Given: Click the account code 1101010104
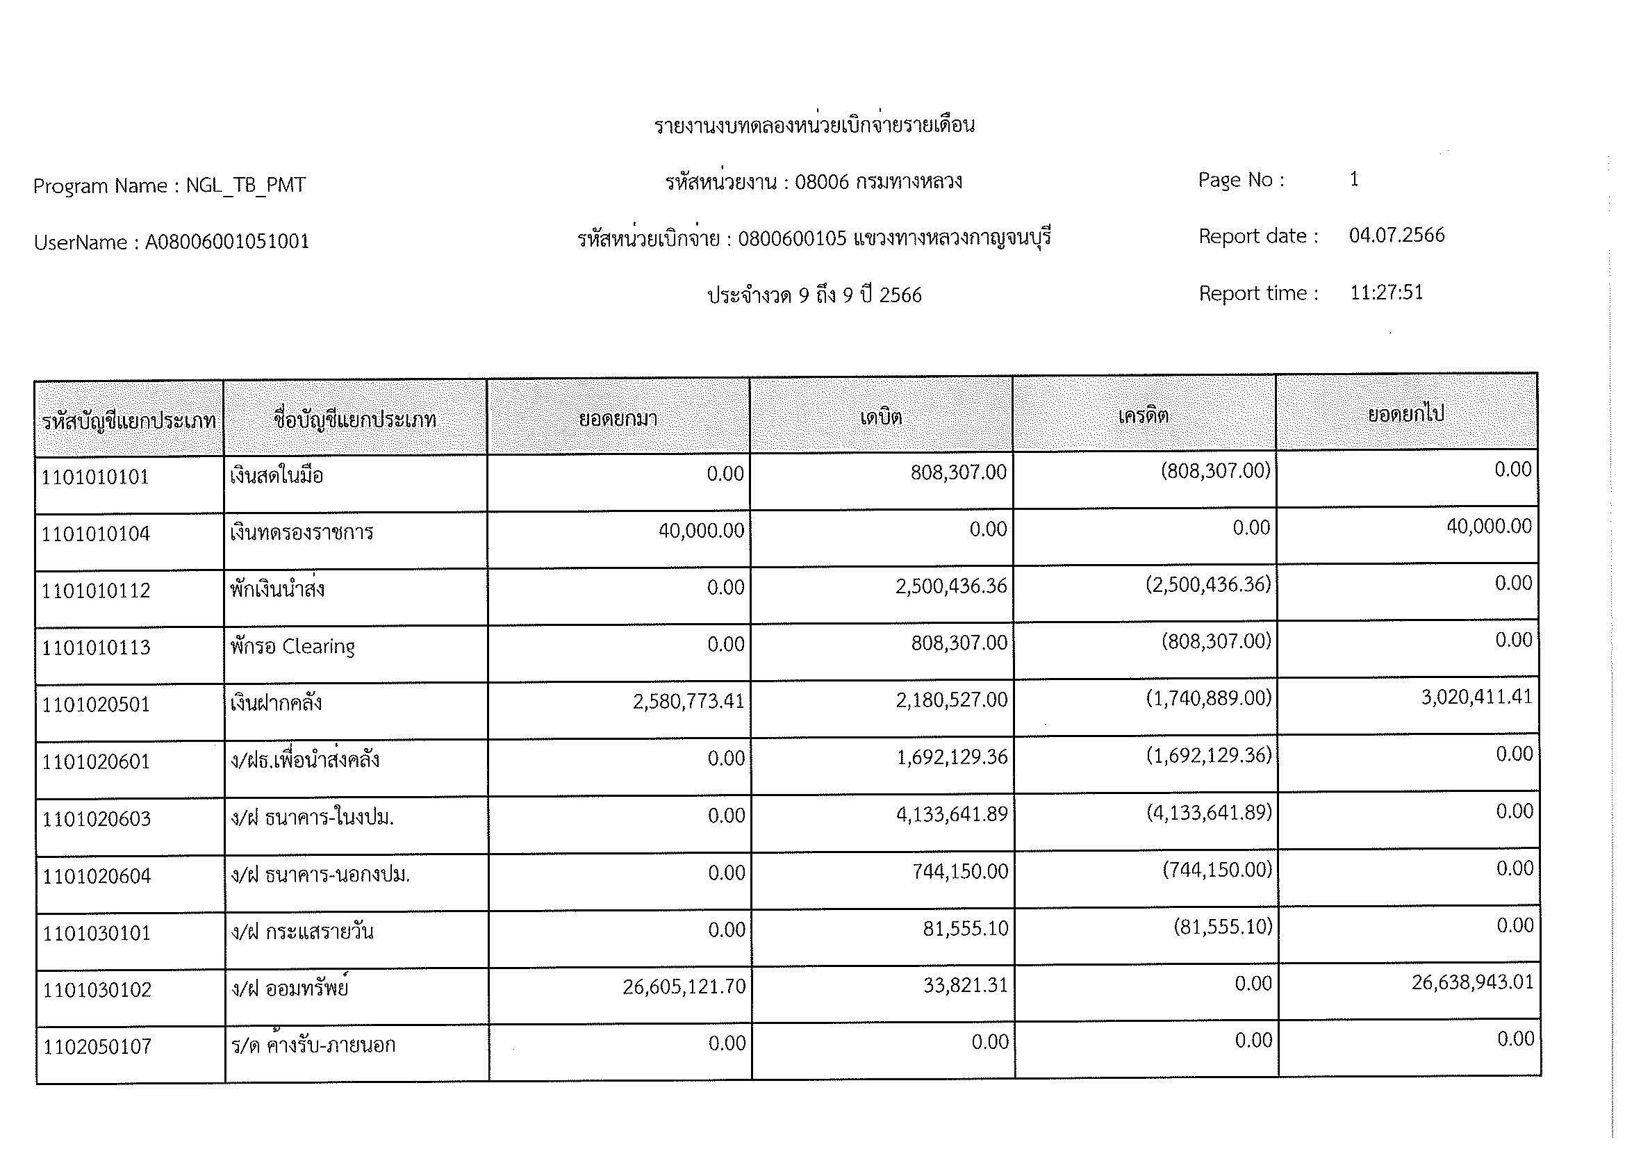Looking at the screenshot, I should [x=96, y=534].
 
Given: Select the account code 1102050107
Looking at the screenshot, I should [x=97, y=1046].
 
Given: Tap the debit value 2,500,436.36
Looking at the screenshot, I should [x=950, y=586].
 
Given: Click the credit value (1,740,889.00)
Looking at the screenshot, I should [x=1208, y=699].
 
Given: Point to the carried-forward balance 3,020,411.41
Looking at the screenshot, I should [x=1476, y=697].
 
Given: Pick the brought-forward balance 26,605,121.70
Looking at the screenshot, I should [x=684, y=986].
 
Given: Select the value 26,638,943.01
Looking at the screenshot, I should [x=1472, y=983].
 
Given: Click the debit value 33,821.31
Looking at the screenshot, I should [x=965, y=985].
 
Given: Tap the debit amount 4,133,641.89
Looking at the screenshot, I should [x=951, y=814].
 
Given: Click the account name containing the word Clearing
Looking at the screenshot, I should [x=292, y=647].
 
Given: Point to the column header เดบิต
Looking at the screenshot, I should [x=881, y=417].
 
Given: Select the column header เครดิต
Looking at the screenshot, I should [x=1143, y=415].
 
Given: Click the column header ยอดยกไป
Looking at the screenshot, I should [x=1405, y=414].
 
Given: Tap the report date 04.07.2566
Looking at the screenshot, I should [x=1396, y=235].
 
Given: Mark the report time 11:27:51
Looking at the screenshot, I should [x=1386, y=292].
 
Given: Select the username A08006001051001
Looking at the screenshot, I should [x=227, y=242].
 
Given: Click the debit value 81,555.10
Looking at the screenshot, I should [x=965, y=928].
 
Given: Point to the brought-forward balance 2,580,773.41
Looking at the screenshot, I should [x=688, y=701].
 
